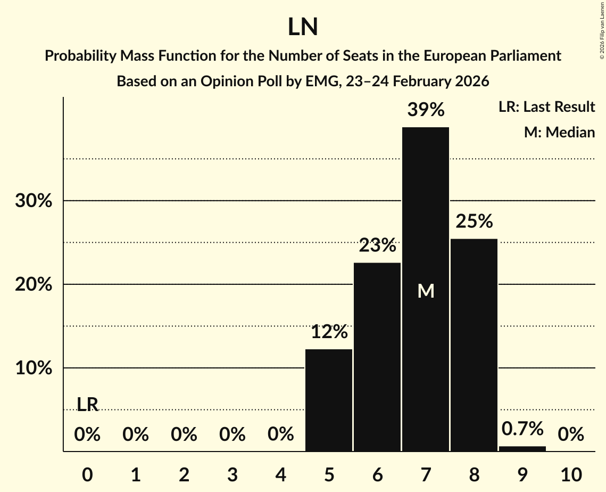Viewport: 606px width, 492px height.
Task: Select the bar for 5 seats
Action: point(329,400)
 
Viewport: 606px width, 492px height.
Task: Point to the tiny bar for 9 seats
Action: point(522,449)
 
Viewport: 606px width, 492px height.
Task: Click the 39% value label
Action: point(426,110)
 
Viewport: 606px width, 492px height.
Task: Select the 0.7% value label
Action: point(522,428)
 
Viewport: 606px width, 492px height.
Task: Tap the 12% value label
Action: point(329,332)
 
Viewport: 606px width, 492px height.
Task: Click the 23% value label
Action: point(377,246)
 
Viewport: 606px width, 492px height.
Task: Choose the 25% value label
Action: point(474,222)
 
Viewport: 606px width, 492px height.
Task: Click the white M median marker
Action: point(426,291)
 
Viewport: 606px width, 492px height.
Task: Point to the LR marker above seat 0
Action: point(88,405)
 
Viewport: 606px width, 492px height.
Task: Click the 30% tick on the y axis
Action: point(33,201)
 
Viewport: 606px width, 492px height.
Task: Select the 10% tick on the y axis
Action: point(33,368)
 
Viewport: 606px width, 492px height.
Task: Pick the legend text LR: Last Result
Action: point(546,107)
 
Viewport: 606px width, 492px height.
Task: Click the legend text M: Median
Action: point(559,132)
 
